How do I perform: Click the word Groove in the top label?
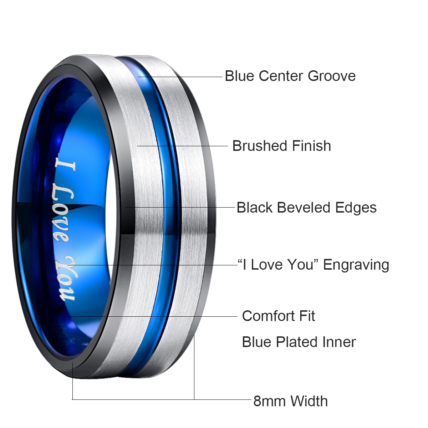332,76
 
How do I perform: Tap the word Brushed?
260,146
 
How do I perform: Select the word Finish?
311,146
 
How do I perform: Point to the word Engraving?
356,265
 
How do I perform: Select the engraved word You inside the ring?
67,279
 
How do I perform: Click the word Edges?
356,208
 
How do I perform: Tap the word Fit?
307,316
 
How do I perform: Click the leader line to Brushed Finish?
182,146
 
